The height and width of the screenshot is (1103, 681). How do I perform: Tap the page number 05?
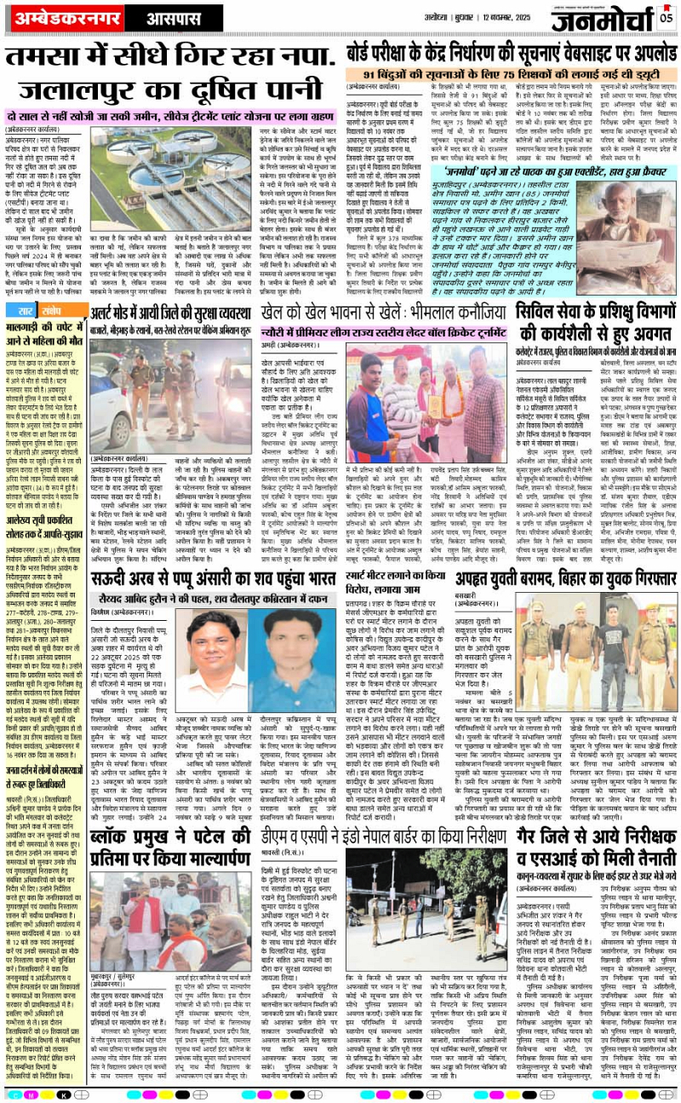[664, 14]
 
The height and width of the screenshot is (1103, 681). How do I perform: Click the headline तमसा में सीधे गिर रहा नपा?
[162, 59]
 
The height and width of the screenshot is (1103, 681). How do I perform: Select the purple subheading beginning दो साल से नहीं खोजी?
[171, 116]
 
